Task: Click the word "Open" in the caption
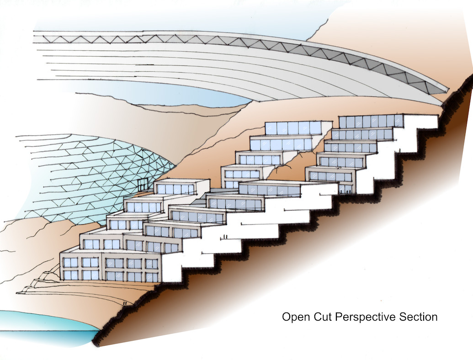(294, 317)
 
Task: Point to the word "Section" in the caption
(418, 317)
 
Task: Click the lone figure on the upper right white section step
(400, 150)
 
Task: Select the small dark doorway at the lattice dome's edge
(143, 185)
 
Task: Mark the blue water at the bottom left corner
(41, 327)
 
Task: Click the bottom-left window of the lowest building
(70, 275)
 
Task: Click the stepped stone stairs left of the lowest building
(41, 283)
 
